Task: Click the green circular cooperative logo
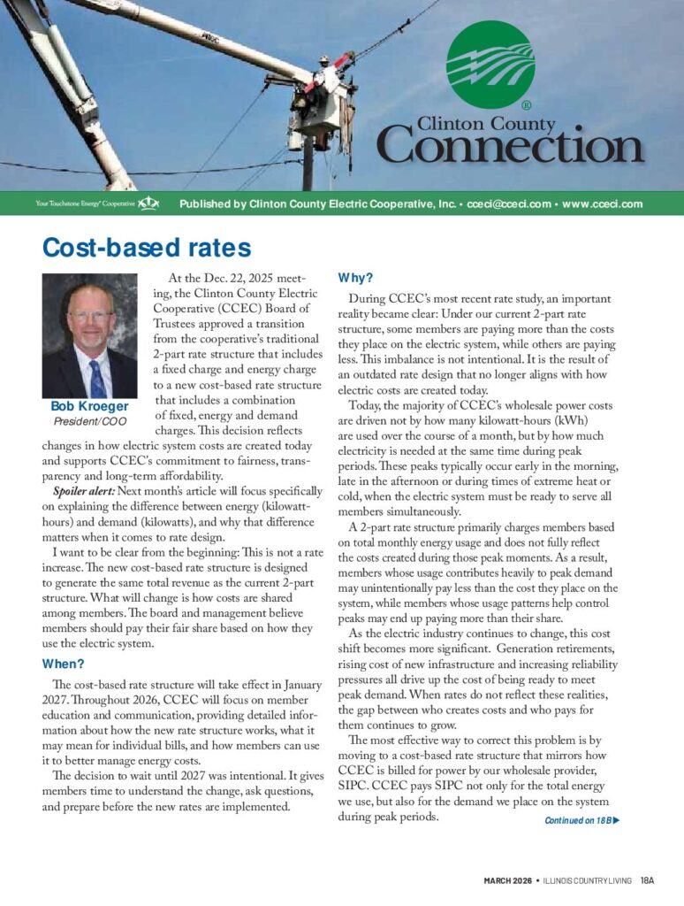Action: [490, 65]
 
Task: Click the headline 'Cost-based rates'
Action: [147, 247]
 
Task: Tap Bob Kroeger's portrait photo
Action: [89, 335]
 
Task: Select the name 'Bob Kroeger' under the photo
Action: [89, 407]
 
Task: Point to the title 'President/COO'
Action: [89, 421]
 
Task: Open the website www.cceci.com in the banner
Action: [601, 204]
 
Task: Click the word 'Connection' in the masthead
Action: [513, 146]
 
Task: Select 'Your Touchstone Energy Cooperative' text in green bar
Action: [85, 204]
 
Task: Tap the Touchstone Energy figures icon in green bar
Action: [148, 204]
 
